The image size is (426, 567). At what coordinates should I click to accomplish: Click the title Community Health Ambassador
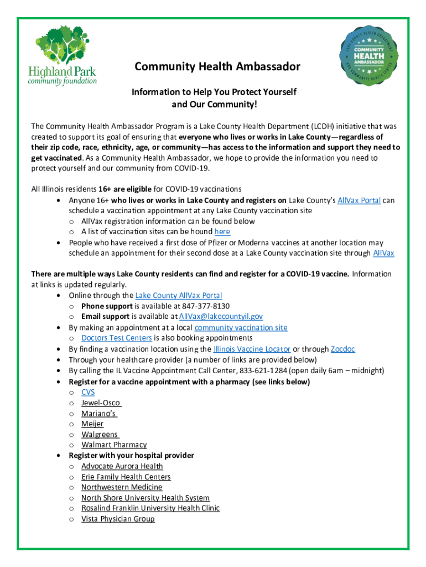[217, 67]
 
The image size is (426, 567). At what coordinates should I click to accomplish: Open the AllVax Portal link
[359, 200]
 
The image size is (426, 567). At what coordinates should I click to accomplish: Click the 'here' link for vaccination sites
[222, 231]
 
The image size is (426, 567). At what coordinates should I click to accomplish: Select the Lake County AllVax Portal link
[178, 296]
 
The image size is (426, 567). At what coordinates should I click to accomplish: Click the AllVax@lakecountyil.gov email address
[221, 317]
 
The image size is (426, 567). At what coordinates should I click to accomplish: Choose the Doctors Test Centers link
[116, 338]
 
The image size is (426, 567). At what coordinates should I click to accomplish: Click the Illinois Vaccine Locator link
[252, 349]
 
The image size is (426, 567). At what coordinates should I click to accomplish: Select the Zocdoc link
[342, 349]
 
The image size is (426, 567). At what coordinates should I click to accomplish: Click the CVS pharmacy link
[88, 392]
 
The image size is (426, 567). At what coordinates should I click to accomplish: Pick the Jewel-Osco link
[101, 403]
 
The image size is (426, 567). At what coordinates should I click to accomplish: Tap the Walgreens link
[100, 435]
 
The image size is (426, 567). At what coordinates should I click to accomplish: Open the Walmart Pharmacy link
[114, 445]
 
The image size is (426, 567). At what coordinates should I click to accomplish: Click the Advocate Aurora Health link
[122, 466]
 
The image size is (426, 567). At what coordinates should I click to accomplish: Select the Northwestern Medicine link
[122, 487]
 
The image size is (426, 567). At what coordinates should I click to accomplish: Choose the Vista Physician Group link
[118, 519]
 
